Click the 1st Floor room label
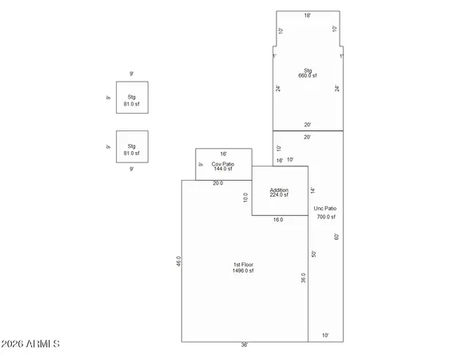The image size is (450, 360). [243, 265]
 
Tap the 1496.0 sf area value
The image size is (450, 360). [243, 271]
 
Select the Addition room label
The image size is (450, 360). [280, 190]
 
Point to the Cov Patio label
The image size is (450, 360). [222, 163]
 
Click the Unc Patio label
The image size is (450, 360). [325, 209]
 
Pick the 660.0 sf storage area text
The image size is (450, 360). [308, 76]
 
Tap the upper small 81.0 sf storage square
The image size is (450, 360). [132, 101]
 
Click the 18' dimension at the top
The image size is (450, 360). [308, 16]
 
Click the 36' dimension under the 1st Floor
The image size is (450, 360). [244, 345]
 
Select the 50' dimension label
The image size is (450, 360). [315, 254]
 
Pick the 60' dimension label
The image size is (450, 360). [337, 237]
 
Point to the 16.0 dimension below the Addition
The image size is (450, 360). [278, 219]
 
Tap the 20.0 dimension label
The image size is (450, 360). [217, 183]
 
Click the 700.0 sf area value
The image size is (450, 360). [325, 217]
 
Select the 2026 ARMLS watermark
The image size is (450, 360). [30, 345]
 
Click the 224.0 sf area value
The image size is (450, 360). [280, 196]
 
